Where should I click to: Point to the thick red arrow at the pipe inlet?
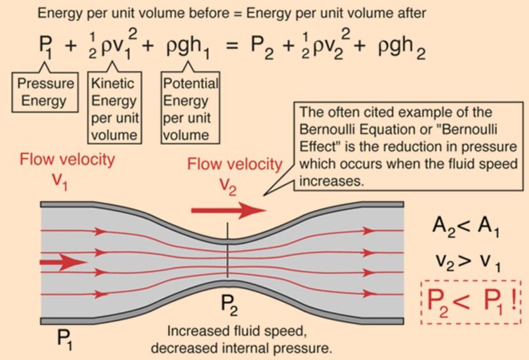pyautogui.click(x=62, y=262)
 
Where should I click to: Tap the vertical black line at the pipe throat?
pyautogui.click(x=227, y=252)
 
